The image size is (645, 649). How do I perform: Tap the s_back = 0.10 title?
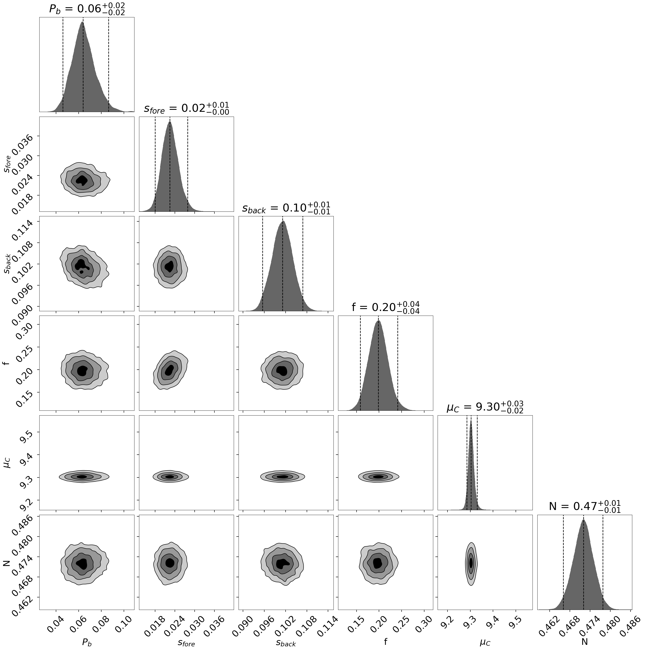(286, 208)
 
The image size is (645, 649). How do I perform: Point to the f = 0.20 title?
(385, 307)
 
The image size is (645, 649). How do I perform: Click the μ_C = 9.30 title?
(485, 407)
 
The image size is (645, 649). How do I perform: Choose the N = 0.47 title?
(585, 506)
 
